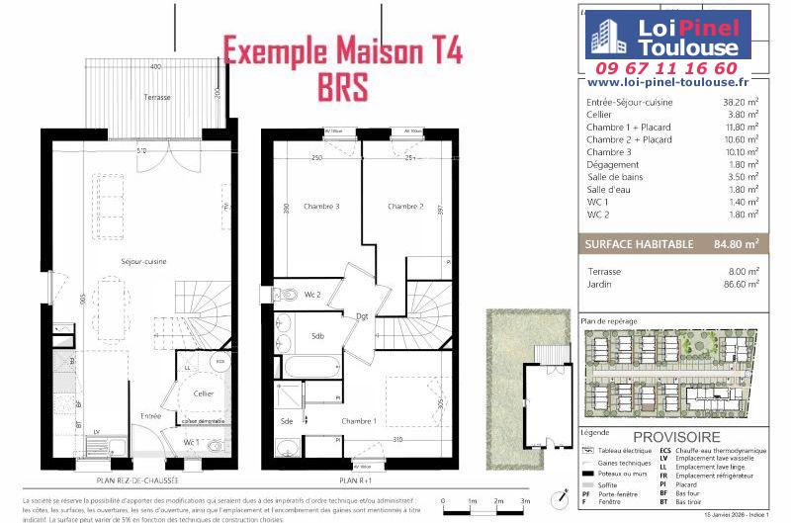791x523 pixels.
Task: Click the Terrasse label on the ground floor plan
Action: [156, 97]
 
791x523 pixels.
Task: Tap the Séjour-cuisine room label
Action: [143, 261]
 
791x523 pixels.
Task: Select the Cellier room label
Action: [203, 393]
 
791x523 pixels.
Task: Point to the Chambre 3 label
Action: [322, 207]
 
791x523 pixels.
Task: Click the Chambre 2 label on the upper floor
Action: [405, 207]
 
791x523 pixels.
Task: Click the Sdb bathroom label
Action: [318, 336]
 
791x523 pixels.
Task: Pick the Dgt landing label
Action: [363, 316]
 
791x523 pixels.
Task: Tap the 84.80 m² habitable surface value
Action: [736, 243]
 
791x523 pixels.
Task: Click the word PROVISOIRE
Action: [676, 437]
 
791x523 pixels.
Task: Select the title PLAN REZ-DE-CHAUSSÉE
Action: [136, 479]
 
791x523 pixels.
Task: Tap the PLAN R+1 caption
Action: [354, 479]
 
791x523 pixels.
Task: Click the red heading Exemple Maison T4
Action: [342, 49]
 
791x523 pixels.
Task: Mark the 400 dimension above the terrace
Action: [155, 66]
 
